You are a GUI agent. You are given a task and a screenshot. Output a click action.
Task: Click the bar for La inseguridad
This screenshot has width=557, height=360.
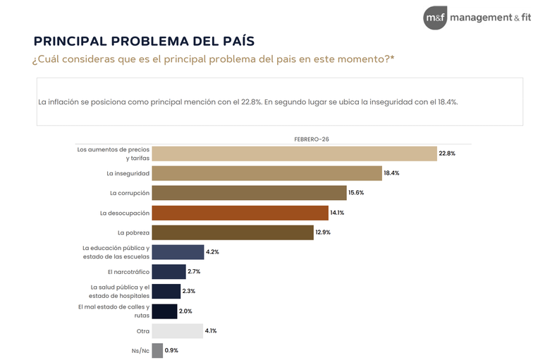267,173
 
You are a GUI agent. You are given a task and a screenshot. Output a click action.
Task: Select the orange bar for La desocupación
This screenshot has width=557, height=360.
240,213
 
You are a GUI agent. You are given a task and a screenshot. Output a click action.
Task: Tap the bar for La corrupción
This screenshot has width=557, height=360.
249,193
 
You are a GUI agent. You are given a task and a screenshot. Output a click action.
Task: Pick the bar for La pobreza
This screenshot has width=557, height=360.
233,232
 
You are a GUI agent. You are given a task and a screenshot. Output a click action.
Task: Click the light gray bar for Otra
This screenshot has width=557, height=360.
177,331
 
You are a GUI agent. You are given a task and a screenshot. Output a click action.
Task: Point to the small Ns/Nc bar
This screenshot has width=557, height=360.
157,351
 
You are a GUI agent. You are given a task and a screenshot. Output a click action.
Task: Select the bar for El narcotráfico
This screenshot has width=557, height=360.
169,272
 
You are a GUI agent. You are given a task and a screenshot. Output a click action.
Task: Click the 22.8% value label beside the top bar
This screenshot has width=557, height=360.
447,154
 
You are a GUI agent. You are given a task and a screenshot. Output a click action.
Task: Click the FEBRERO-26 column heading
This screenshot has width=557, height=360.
312,139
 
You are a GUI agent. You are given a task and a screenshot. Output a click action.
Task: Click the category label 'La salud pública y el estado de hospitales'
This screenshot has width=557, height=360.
120,291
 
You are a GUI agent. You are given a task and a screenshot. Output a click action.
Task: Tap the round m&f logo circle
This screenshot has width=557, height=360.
434,18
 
